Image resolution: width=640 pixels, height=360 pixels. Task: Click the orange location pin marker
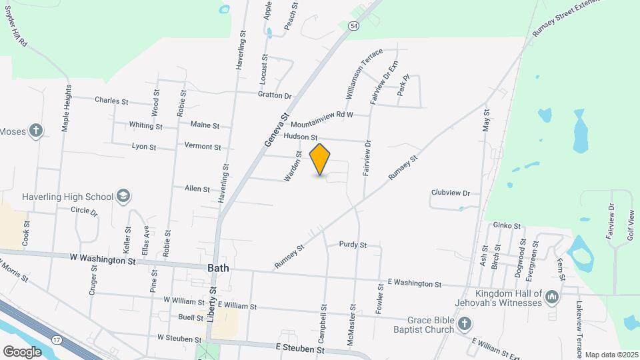click(x=321, y=159)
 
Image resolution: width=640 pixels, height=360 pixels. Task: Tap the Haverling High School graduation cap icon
click(x=123, y=196)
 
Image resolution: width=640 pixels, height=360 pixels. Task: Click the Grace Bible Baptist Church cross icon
click(x=465, y=324)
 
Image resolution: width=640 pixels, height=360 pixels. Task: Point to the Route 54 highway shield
click(x=353, y=25)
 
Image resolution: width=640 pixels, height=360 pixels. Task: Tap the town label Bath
click(x=218, y=267)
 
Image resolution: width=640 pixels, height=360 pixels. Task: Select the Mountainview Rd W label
click(x=321, y=119)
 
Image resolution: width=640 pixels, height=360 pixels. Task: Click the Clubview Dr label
click(x=451, y=193)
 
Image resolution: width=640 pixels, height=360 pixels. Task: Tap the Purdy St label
click(x=353, y=245)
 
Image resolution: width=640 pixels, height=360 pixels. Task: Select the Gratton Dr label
click(x=275, y=95)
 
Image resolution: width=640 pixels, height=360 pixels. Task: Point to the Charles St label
click(x=111, y=101)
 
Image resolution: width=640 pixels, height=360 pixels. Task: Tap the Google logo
click(x=22, y=351)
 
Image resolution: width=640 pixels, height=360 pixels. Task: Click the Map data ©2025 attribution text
click(x=611, y=355)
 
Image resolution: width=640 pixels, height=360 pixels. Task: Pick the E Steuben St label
click(x=300, y=348)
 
